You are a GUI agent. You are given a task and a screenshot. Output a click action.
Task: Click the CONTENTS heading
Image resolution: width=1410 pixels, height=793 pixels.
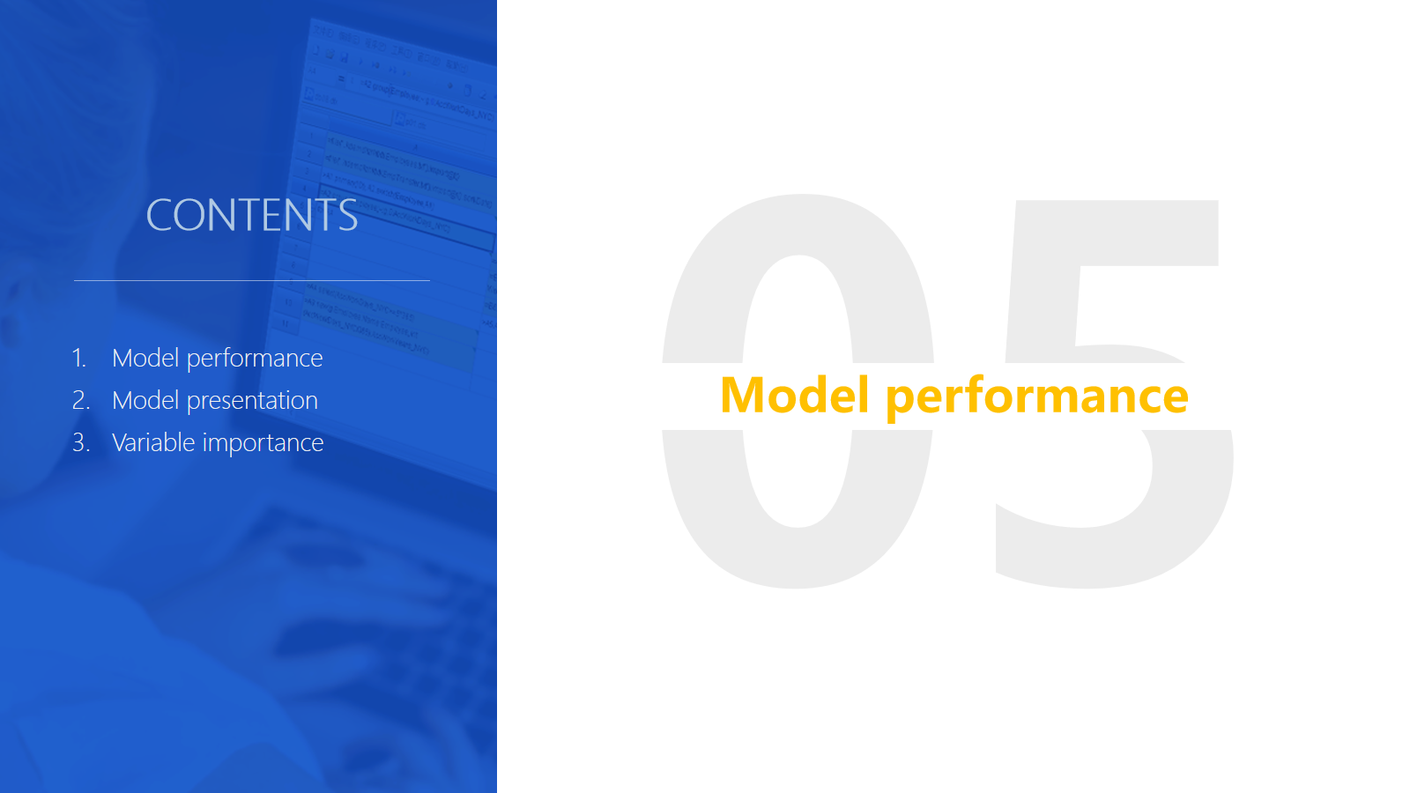pyautogui.click(x=252, y=215)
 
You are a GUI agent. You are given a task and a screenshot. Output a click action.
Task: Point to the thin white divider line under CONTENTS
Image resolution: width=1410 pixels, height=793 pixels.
pyautogui.click(x=252, y=280)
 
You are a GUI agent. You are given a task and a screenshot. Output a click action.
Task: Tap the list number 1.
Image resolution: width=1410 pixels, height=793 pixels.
pyautogui.click(x=78, y=358)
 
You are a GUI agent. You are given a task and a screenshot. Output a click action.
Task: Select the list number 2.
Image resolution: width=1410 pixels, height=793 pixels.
pyautogui.click(x=80, y=400)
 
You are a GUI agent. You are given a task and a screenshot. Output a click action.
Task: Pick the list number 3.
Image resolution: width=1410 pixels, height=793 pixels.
pyautogui.click(x=80, y=442)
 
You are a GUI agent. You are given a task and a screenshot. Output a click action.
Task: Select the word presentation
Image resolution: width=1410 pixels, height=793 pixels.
pyautogui.click(x=252, y=402)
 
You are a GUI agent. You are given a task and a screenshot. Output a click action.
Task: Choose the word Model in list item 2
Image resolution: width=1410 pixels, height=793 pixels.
pyautogui.click(x=145, y=400)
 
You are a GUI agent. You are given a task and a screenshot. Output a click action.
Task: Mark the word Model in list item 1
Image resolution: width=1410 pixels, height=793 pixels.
pyautogui.click(x=145, y=358)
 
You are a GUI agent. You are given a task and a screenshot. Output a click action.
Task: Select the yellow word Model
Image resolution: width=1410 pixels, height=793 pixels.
pyautogui.click(x=794, y=395)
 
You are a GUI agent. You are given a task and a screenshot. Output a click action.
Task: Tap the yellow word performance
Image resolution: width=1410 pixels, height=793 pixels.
pyautogui.click(x=1037, y=398)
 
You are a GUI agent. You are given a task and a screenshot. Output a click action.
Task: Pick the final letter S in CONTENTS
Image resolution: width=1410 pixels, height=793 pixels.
pyautogui.click(x=347, y=215)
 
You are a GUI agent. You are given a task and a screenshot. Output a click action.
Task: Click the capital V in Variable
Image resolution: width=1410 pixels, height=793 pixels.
pyautogui.click(x=122, y=442)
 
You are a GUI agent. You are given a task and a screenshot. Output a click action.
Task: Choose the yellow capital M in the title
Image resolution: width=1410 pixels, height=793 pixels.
pyautogui.click(x=743, y=395)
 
